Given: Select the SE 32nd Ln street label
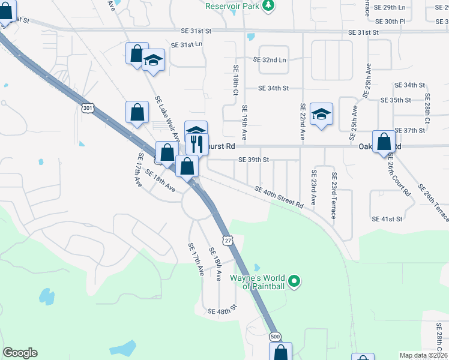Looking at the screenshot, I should (x=270, y=60).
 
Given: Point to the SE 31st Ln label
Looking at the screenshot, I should (x=187, y=45).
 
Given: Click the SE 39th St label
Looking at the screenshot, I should (x=253, y=160).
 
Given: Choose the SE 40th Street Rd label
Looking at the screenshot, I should (x=279, y=196).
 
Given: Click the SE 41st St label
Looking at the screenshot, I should (x=387, y=220).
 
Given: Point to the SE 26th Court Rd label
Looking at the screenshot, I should (x=399, y=176).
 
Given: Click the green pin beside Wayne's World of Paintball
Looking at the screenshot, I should (x=294, y=281).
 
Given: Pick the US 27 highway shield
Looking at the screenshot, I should (x=228, y=240).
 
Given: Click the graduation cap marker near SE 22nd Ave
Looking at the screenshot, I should (x=322, y=114).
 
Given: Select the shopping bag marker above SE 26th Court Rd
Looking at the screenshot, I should (x=384, y=142).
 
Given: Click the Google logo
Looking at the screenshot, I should (x=20, y=353).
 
